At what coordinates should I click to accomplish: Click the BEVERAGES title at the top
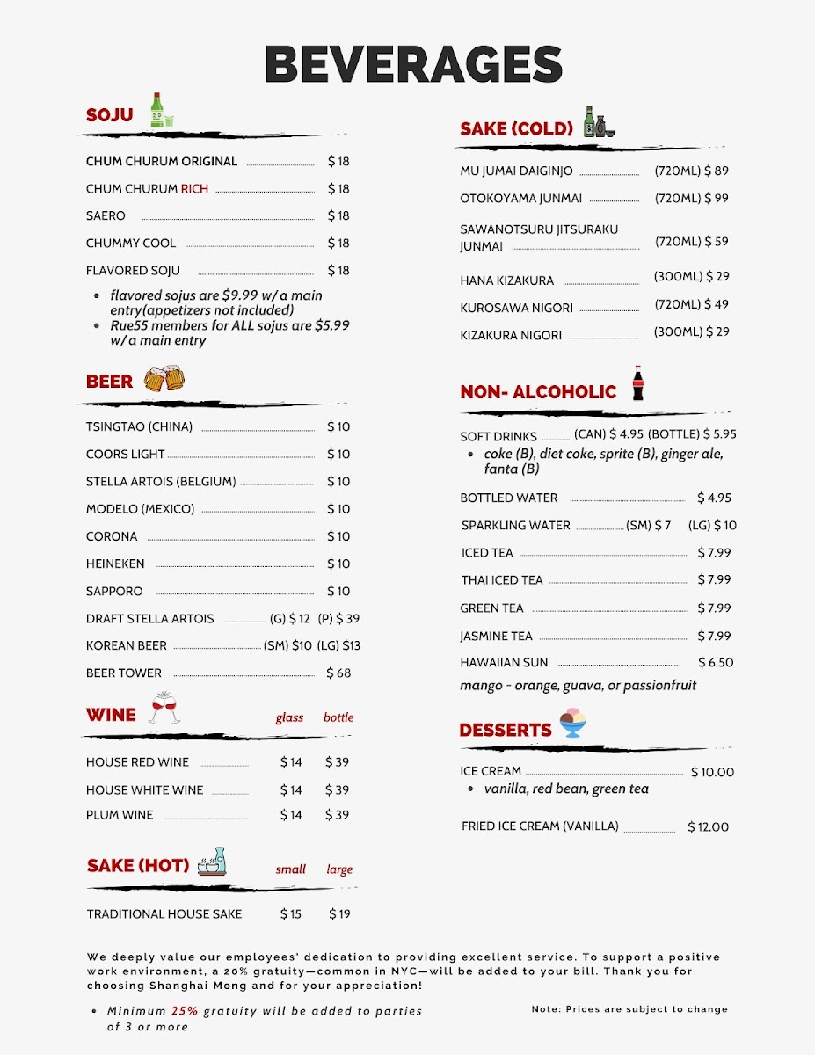413,64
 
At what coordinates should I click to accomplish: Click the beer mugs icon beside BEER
164,379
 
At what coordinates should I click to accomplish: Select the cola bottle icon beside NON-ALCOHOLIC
637,384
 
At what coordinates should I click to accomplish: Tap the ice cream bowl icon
572,724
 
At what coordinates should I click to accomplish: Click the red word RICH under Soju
194,188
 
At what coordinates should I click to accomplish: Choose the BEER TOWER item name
124,673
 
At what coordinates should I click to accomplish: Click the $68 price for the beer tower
338,673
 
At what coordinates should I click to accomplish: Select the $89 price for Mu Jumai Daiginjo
717,171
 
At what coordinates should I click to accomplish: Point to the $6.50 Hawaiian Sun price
716,662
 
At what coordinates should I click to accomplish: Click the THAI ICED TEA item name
502,580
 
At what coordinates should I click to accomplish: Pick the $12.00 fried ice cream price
709,826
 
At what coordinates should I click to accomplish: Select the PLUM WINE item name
120,815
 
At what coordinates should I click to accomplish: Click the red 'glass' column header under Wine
289,717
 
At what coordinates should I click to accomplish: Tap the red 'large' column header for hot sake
339,869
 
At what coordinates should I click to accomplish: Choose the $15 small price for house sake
291,913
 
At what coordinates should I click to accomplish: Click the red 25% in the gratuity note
185,1011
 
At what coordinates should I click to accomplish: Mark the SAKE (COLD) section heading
516,128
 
